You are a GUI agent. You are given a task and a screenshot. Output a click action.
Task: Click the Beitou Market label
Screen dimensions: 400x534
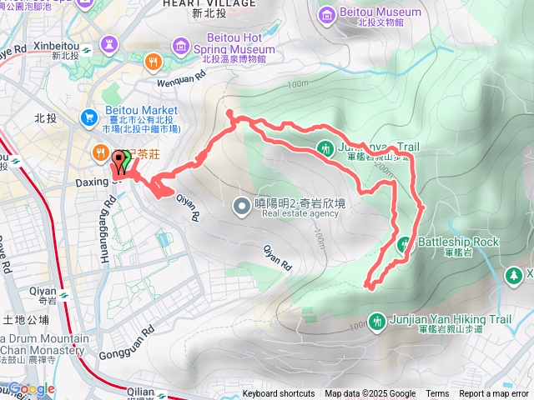click(x=142, y=111)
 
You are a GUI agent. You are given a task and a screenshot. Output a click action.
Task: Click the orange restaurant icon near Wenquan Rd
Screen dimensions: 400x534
click(x=153, y=61)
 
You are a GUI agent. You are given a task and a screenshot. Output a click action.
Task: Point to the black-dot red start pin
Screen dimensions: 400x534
click(x=116, y=159)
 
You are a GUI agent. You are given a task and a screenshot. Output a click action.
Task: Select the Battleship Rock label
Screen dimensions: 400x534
click(x=457, y=242)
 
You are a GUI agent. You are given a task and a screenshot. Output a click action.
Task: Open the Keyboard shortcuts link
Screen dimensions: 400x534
click(x=279, y=394)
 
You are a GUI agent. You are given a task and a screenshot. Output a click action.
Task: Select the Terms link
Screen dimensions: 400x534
click(x=437, y=394)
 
